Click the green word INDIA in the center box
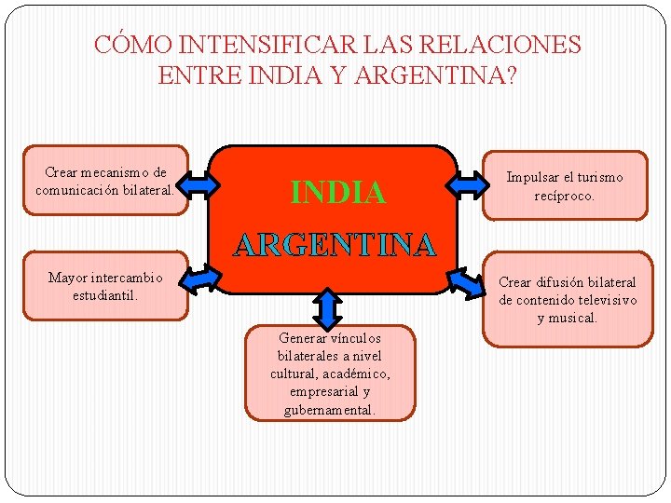coord(337,192)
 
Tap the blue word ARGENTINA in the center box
coord(335,244)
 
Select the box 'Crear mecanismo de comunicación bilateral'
coord(105,180)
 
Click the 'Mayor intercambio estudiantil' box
coord(105,286)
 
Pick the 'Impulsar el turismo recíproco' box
coord(564,185)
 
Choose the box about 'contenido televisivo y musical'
coord(568,299)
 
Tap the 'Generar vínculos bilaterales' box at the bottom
coord(330,373)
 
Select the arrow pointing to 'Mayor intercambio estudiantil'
coord(198,276)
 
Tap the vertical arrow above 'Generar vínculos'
coord(328,307)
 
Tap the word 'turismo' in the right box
coord(601,177)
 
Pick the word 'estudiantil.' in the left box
coord(105,295)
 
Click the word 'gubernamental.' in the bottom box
coord(330,410)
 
